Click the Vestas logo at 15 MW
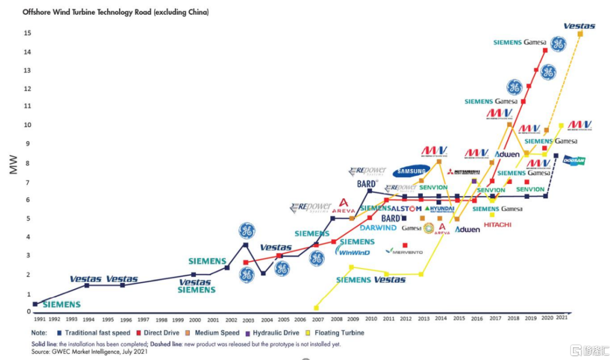coord(579,26)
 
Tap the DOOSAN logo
coord(574,161)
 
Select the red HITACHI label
coord(498,225)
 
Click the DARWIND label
coord(377,228)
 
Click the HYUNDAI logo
coord(439,209)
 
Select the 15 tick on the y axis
coord(26,34)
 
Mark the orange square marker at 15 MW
coord(580,34)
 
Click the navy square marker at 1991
coord(35,304)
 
